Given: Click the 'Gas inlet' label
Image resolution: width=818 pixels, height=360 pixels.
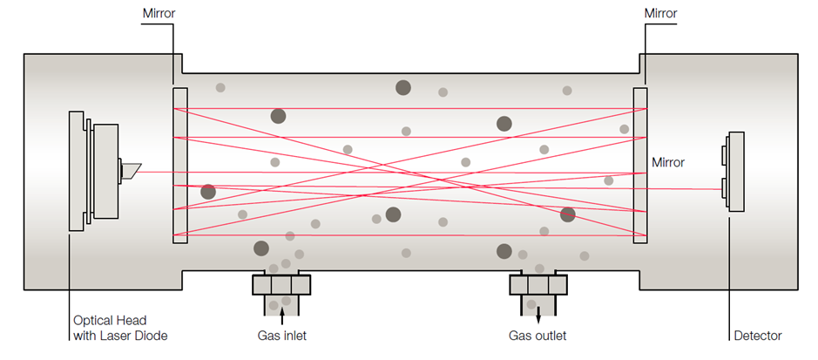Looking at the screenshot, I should point(281,336).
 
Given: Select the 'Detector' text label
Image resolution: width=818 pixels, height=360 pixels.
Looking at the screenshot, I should point(756,336).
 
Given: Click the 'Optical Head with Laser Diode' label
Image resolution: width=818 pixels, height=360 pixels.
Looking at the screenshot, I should point(119,328).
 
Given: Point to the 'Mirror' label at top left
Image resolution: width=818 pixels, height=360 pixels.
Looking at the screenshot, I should point(157,14).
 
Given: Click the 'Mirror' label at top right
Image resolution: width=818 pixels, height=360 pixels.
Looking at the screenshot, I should point(661,14).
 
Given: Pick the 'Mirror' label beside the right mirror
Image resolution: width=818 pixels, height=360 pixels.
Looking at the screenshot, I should point(668,162).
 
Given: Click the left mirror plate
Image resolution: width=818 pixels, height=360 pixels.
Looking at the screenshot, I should point(180,165).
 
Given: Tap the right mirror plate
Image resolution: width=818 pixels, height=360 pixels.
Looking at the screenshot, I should point(640,165).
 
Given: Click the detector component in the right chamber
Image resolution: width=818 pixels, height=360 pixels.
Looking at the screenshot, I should point(734,173).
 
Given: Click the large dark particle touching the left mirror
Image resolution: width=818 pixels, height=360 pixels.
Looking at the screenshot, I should point(208,192).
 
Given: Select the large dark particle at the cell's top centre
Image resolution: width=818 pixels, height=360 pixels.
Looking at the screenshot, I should point(403,87).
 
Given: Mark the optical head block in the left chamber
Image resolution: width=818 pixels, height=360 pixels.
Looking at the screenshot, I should point(98,173).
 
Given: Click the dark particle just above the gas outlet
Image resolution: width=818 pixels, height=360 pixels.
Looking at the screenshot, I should point(504,252).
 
